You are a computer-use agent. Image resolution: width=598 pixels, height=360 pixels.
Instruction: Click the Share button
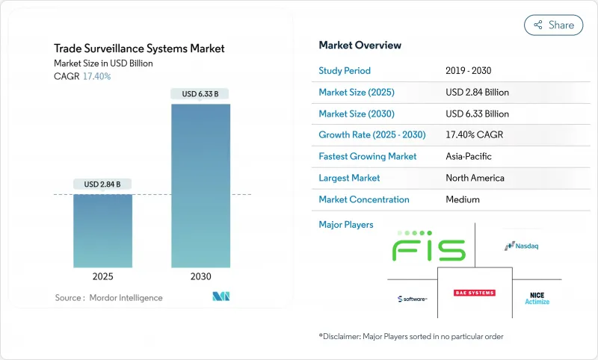(x=553, y=25)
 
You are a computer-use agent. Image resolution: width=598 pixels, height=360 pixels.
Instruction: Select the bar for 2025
(x=102, y=231)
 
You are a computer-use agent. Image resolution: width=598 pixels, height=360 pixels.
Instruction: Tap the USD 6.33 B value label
(x=200, y=94)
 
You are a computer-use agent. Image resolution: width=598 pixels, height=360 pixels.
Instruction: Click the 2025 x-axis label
(x=102, y=276)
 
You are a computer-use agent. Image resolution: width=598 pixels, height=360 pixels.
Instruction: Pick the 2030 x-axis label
(x=200, y=276)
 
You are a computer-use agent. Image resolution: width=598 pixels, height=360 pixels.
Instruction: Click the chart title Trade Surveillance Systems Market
(x=139, y=49)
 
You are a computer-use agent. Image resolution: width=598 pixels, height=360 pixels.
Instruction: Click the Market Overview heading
(x=360, y=45)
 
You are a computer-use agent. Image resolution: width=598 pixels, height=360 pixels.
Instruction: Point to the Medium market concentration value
(x=462, y=199)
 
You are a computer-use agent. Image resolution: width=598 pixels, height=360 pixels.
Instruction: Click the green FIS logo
(x=429, y=246)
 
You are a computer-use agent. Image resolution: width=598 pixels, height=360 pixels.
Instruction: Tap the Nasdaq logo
(x=522, y=245)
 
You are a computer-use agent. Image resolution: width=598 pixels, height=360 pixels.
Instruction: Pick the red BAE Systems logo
(x=475, y=293)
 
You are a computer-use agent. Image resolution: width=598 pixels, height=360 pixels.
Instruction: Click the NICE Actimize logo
(x=537, y=298)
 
